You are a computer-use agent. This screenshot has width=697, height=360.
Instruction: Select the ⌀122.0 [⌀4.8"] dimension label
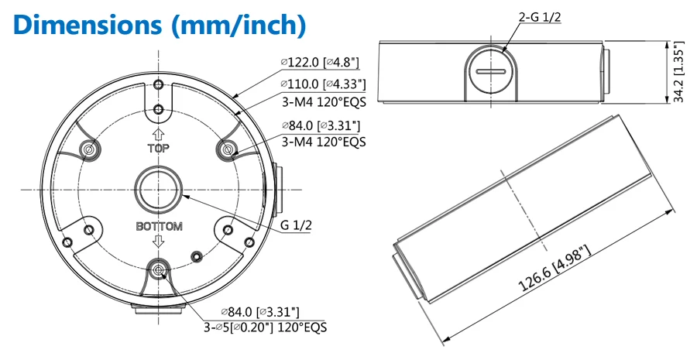coord(320,62)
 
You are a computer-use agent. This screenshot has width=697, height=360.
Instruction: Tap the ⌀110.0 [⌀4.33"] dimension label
coord(323,84)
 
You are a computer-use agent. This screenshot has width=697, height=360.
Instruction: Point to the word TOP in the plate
coord(159,149)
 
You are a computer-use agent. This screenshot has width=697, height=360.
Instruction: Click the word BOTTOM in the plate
coord(159,226)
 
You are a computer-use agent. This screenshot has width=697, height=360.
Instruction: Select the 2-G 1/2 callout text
coord(540,17)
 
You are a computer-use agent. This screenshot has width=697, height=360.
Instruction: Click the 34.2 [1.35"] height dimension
coord(678,73)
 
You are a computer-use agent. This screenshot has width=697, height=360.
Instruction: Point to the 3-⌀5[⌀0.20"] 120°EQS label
coord(266,327)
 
